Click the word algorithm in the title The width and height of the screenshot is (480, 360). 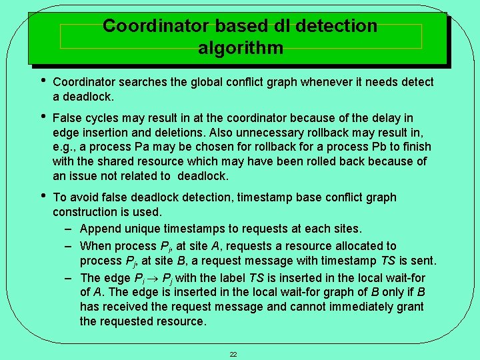[240, 48]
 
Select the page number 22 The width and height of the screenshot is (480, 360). [233, 354]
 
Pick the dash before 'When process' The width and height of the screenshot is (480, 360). [69, 246]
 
